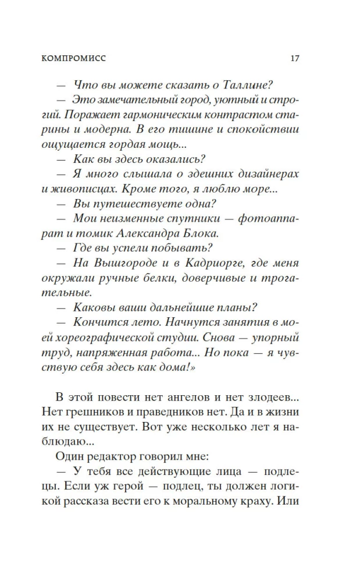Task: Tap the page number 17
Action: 294,59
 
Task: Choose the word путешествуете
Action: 136,203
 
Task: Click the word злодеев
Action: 264,397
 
